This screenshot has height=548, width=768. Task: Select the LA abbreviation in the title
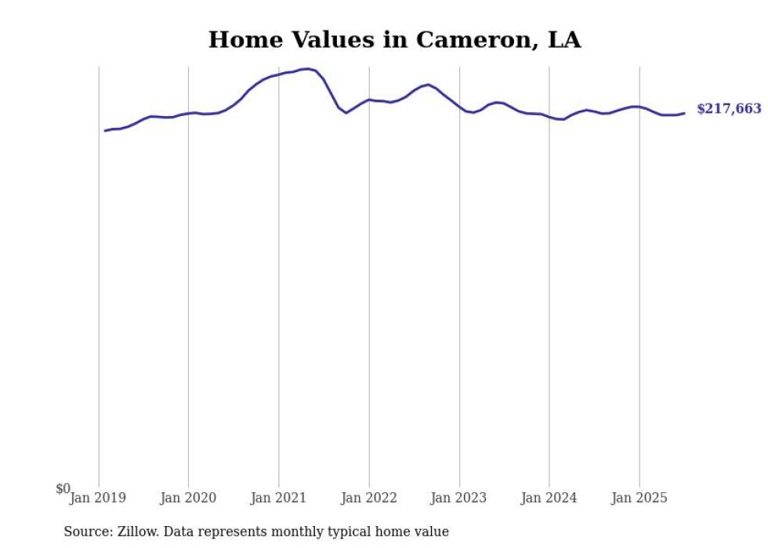coord(563,40)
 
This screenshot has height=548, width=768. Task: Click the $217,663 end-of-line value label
coord(728,109)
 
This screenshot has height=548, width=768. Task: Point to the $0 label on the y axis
coord(63,489)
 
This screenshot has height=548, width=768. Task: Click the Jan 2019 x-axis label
coord(98,498)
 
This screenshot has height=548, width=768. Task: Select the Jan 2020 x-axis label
coord(188,498)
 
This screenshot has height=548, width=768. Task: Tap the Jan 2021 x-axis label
coord(278,498)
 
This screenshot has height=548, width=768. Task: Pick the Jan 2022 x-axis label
coord(369,498)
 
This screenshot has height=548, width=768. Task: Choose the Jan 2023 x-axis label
coord(459,498)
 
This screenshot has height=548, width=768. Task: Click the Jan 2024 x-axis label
coord(549,498)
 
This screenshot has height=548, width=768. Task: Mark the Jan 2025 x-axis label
coord(639,498)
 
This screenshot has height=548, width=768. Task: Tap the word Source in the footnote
coord(85,532)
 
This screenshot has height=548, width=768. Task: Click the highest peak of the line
coord(307,69)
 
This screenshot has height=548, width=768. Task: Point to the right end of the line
coord(684,113)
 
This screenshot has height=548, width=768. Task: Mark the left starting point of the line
coord(105,130)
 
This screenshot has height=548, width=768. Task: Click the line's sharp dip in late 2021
coord(346,113)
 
